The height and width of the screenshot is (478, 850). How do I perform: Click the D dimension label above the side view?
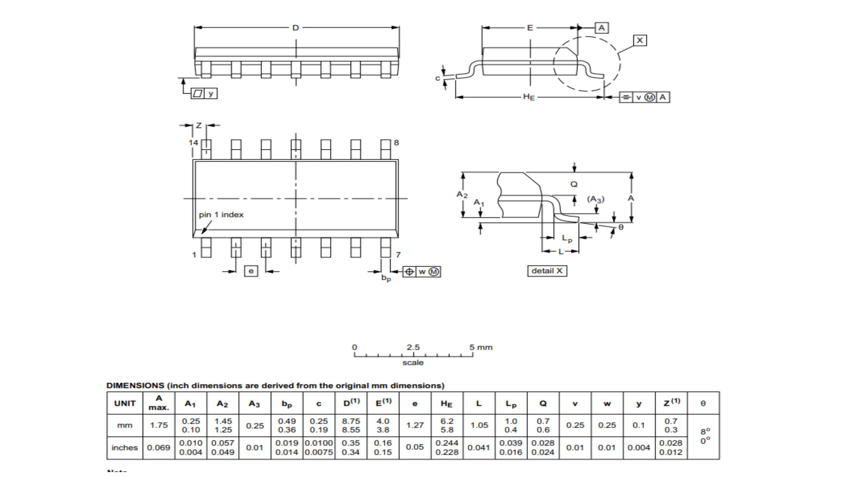296,28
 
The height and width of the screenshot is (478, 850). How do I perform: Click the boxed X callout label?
639,40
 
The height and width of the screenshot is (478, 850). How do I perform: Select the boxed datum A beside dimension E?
602,28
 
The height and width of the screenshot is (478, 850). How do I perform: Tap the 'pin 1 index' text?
221,215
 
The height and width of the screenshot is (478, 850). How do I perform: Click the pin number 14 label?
193,143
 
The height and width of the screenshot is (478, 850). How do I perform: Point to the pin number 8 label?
396,143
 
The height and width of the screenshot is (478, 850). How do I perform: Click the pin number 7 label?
398,255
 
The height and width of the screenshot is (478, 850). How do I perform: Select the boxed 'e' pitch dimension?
251,271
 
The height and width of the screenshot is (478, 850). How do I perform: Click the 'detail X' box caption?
547,271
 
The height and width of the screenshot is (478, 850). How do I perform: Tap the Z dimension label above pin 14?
199,125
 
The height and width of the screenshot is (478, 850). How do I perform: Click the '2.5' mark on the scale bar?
413,347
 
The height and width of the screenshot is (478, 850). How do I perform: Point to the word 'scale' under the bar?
413,362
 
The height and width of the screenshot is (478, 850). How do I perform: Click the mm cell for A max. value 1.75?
159,425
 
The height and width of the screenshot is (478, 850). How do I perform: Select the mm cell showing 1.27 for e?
415,425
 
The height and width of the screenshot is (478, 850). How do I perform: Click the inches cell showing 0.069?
159,447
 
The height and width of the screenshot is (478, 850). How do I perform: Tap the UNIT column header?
125,403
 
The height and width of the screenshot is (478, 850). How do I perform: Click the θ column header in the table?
703,403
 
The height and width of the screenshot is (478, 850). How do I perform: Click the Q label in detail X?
574,184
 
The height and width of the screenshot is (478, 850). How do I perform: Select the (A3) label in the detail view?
596,199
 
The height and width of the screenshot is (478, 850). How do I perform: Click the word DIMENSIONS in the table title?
135,385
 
